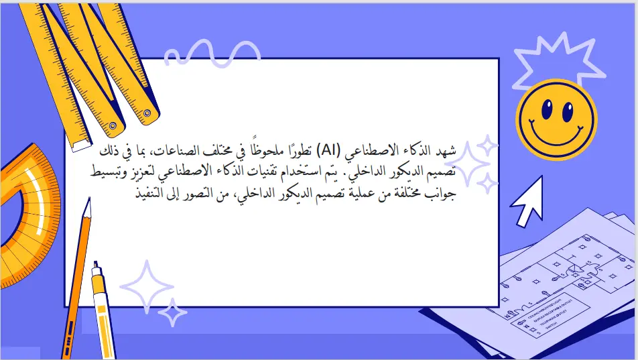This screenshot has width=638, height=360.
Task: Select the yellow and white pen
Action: click(102, 308)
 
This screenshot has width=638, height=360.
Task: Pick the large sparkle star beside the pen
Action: click(145, 286)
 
